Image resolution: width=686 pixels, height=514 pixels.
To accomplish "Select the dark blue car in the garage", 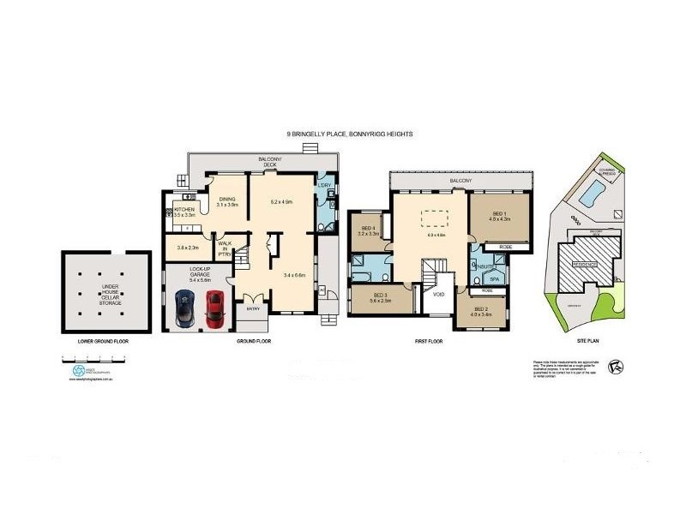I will (x=185, y=308).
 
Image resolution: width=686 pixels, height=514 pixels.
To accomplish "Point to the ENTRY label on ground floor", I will (x=253, y=309).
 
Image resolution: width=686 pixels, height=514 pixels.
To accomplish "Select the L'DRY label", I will (x=324, y=186).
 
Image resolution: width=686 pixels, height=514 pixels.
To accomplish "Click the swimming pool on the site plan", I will (x=590, y=195).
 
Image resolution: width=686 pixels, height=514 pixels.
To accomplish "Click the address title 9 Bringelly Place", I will (x=350, y=134).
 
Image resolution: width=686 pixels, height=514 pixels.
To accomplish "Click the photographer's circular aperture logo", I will (x=78, y=371).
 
